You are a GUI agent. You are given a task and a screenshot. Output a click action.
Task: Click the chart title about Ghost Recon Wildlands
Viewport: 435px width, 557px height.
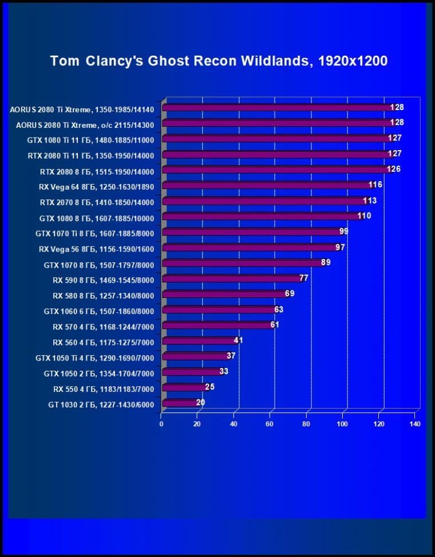(219, 61)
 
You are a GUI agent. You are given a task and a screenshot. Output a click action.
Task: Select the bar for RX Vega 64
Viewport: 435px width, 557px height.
(266, 185)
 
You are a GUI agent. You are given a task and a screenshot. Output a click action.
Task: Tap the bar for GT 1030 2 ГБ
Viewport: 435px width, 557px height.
(180, 403)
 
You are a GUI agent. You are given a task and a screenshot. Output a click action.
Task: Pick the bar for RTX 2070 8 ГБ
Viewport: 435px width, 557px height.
(263, 201)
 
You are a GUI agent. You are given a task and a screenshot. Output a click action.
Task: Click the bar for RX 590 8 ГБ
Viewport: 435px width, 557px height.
(231, 278)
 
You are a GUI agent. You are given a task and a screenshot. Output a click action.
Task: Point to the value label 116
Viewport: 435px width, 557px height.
(375, 185)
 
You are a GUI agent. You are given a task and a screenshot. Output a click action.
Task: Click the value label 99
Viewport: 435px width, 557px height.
(343, 231)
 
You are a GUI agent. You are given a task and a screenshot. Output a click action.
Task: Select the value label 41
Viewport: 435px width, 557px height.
(239, 340)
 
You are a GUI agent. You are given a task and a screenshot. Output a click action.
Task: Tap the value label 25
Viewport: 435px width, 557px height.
(209, 387)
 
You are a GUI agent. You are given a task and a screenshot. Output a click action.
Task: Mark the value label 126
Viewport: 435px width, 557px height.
(393, 169)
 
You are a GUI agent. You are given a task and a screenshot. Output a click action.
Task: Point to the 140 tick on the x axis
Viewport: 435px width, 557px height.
(415, 424)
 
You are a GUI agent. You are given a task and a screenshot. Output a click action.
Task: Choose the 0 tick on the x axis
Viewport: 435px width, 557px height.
(161, 424)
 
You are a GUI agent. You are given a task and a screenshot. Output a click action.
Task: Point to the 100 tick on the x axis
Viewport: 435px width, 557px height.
(342, 424)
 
